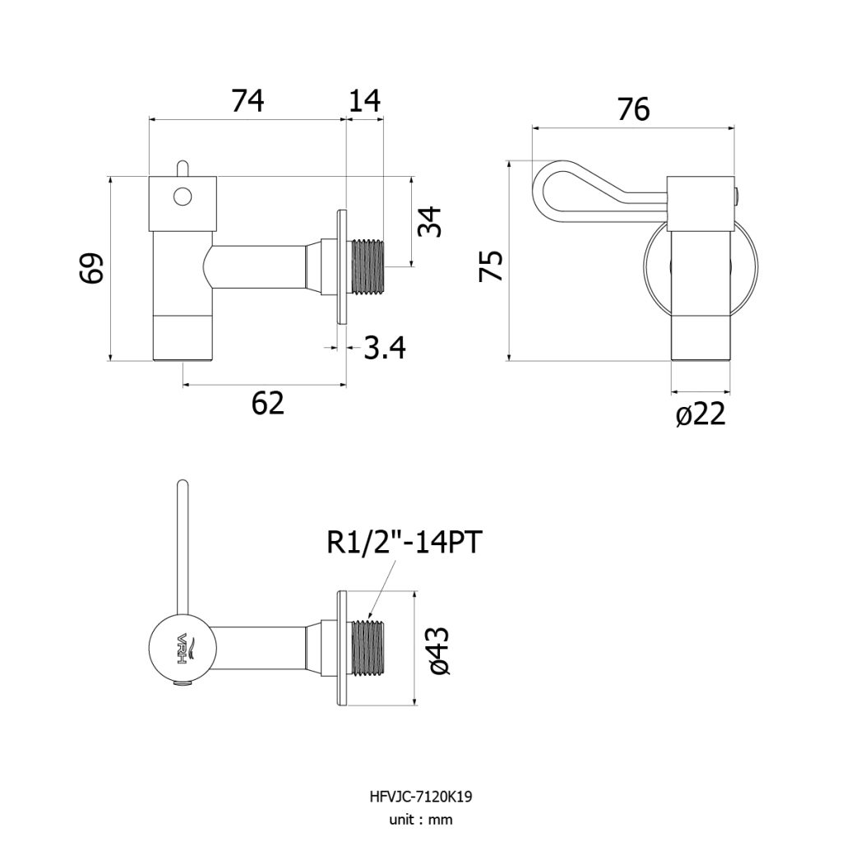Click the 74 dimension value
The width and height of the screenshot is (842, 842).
[x=248, y=101]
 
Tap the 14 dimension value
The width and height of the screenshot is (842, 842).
[x=364, y=101]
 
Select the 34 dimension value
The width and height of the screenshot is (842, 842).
[x=430, y=221]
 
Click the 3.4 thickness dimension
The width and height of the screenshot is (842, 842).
[x=385, y=348]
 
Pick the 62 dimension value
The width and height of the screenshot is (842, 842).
[x=267, y=403]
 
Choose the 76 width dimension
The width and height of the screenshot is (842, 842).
[x=634, y=109]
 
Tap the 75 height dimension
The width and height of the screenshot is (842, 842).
[x=491, y=266]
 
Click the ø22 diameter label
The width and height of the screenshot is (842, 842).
[x=701, y=414]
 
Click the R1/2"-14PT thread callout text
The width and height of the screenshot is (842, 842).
[x=405, y=543]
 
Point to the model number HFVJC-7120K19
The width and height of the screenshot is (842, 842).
[x=421, y=797]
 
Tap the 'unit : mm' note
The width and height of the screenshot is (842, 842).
[x=421, y=820]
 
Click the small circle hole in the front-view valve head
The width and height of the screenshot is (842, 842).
[x=183, y=197]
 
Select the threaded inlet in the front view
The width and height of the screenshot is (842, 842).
[x=368, y=267]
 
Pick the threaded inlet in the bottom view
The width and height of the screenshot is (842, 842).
[x=368, y=647]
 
